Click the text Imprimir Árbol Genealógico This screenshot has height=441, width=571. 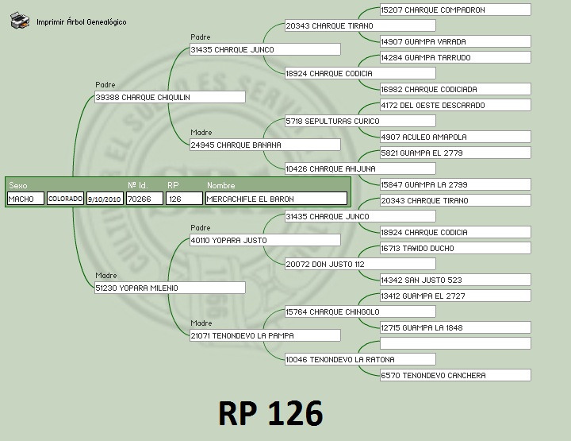(x=81, y=22)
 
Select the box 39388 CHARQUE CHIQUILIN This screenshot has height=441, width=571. (x=169, y=97)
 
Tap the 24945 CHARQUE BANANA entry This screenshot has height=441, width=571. (x=264, y=145)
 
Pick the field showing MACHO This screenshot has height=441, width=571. (x=25, y=199)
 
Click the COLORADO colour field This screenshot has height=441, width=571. (x=65, y=199)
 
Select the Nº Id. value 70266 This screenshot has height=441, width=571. (x=144, y=199)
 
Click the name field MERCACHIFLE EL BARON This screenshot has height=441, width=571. (x=275, y=199)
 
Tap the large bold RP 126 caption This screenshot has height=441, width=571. (x=270, y=414)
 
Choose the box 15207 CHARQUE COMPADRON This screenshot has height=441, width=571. (x=454, y=10)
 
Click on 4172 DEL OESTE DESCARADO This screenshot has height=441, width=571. (x=454, y=105)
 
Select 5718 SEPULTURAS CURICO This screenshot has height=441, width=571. (x=359, y=121)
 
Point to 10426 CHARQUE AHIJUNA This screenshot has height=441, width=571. (x=359, y=168)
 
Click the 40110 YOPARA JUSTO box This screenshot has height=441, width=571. (x=264, y=240)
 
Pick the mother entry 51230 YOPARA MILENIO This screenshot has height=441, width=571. (x=169, y=288)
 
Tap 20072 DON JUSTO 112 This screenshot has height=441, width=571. (x=359, y=264)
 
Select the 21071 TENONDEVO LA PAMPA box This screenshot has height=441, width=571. (x=264, y=335)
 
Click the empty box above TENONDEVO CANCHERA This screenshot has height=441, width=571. (x=454, y=343)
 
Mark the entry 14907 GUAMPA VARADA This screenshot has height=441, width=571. (x=454, y=41)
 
